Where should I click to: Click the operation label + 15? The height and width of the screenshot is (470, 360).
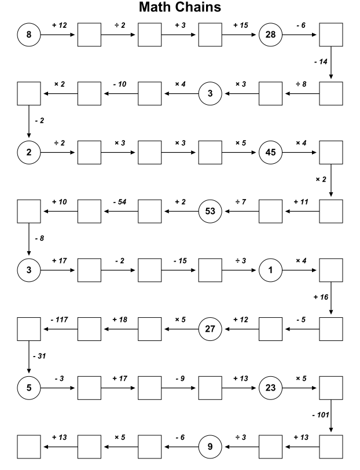click(x=241, y=25)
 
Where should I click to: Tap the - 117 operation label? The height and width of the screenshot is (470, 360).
click(x=60, y=320)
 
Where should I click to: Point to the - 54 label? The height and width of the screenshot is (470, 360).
click(x=120, y=202)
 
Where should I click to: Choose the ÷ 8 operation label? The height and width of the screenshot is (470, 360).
click(x=301, y=85)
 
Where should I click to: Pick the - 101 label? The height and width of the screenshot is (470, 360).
click(x=321, y=415)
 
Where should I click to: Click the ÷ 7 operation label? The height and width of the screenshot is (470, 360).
click(x=241, y=202)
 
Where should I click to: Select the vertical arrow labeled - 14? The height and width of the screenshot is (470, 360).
click(x=331, y=63)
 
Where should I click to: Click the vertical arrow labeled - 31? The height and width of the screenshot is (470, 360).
click(x=29, y=357)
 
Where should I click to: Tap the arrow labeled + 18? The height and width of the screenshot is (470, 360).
click(x=120, y=329)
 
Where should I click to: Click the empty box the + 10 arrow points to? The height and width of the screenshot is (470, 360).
click(x=29, y=211)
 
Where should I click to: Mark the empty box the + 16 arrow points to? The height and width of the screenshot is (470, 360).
click(x=331, y=329)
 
